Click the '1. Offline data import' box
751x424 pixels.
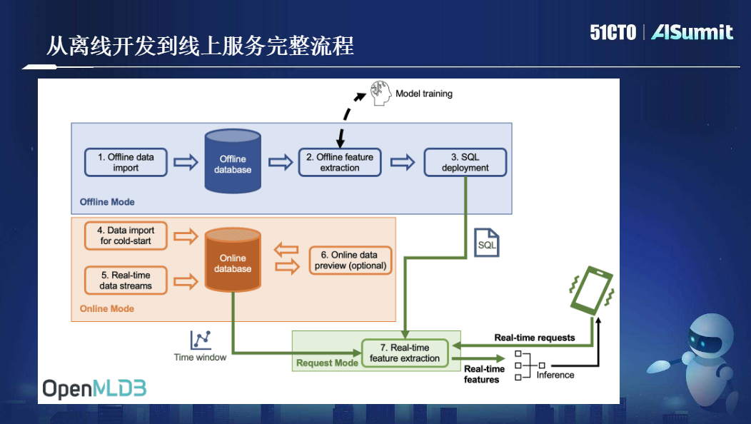click(x=126, y=163)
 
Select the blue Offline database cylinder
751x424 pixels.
click(x=233, y=162)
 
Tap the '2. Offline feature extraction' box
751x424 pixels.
click(x=340, y=162)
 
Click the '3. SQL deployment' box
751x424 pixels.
click(x=465, y=162)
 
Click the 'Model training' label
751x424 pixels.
click(x=424, y=94)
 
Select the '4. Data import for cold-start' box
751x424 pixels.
click(x=126, y=236)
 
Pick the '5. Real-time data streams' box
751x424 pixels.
click(x=126, y=280)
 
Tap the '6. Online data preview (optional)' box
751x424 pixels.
click(x=351, y=260)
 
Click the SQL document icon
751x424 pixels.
click(x=486, y=243)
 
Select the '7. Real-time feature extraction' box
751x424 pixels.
click(x=405, y=353)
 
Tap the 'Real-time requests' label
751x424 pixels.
click(x=534, y=338)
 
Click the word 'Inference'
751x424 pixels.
click(x=555, y=374)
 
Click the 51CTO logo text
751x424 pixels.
click(x=613, y=32)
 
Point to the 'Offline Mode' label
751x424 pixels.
click(x=107, y=202)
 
